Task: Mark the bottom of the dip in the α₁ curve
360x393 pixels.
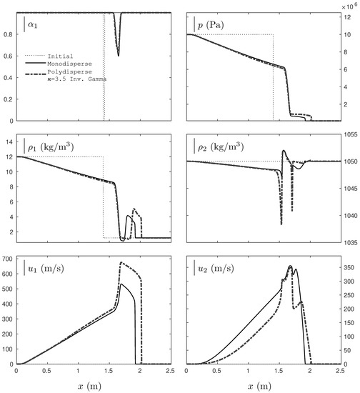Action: (119, 55)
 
